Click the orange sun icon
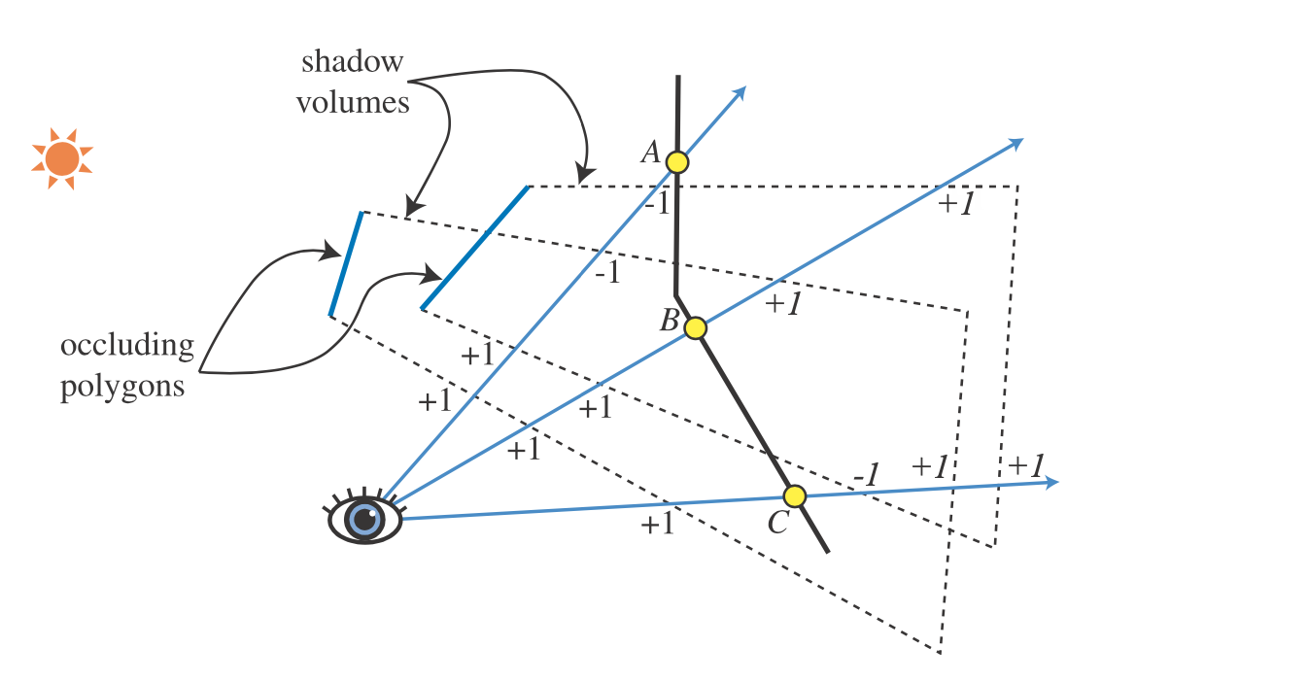tap(62, 158)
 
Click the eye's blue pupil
tap(365, 519)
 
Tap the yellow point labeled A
tap(677, 162)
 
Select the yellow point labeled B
tap(695, 328)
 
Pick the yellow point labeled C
tap(795, 496)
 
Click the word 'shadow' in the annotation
tap(352, 63)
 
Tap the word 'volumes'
tap(353, 102)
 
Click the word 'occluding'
tap(126, 347)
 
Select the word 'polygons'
tap(122, 387)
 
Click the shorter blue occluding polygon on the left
tap(346, 263)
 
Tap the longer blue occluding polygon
tap(475, 248)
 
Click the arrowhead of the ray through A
tap(740, 90)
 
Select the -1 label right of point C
tap(866, 475)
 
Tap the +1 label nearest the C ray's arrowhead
tap(1026, 464)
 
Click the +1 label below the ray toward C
tap(657, 526)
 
